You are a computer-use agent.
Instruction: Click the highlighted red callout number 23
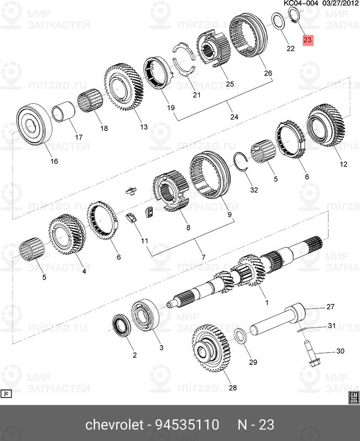tap(307, 40)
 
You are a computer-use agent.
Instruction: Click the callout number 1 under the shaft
tap(266, 303)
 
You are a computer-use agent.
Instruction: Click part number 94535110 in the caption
tap(191, 425)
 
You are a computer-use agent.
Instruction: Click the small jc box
tap(7, 394)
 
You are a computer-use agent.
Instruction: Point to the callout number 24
tap(234, 117)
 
